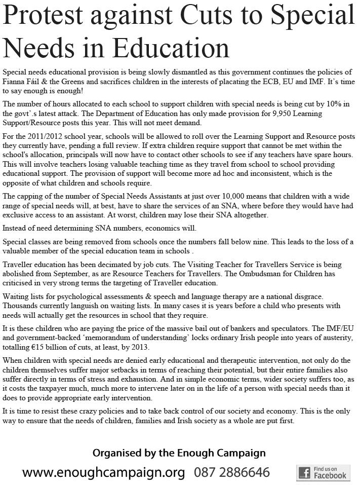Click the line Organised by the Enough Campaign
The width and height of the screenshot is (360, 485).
pos(179,453)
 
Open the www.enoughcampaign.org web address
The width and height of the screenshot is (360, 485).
pos(104,472)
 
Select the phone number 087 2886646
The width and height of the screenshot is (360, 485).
pos(232,472)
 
